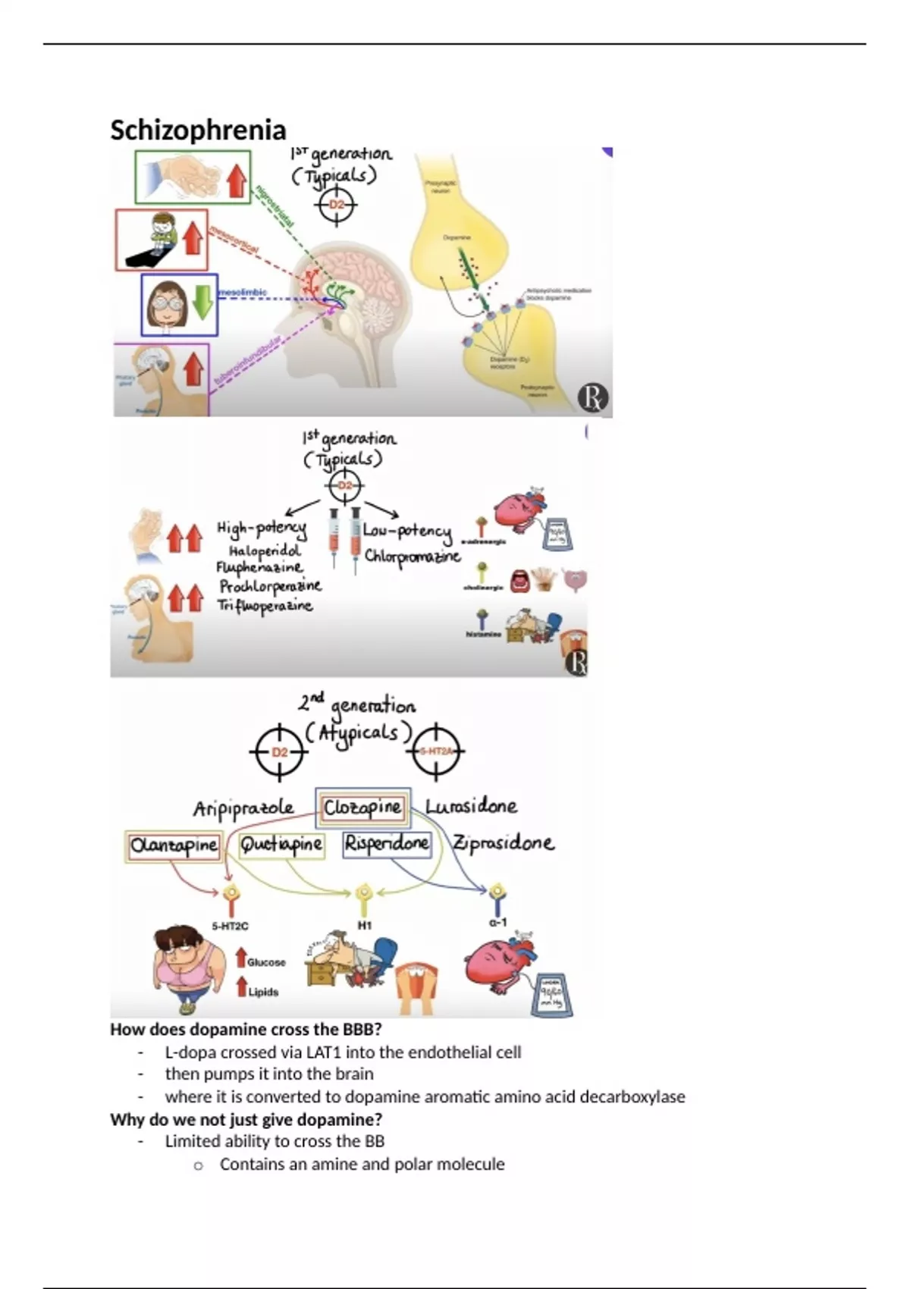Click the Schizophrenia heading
pyautogui.click(x=198, y=130)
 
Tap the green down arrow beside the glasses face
pyautogui.click(x=202, y=302)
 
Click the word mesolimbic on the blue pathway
pyautogui.click(x=243, y=292)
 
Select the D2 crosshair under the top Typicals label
pyautogui.click(x=337, y=205)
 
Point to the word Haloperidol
pyautogui.click(x=265, y=550)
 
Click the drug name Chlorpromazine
pyautogui.click(x=412, y=556)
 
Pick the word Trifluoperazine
pyautogui.click(x=265, y=606)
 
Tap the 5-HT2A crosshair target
pyautogui.click(x=436, y=751)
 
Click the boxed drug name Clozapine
pyautogui.click(x=362, y=808)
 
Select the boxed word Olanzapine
pyautogui.click(x=174, y=845)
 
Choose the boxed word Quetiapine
pyautogui.click(x=281, y=845)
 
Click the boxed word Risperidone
pyautogui.click(x=387, y=843)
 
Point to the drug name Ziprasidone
pyautogui.click(x=503, y=843)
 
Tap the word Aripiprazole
pyautogui.click(x=243, y=808)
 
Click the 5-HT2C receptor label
pyautogui.click(x=230, y=926)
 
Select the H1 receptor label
pyautogui.click(x=365, y=926)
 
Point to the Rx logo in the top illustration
pyautogui.click(x=592, y=398)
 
